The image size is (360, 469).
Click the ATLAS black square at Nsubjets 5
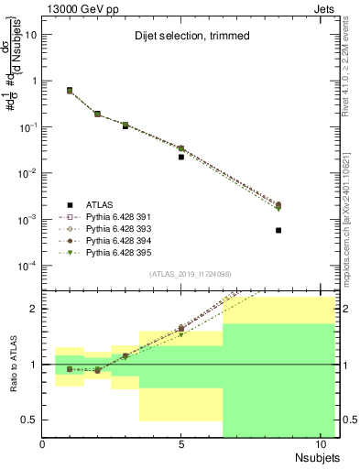(181, 157)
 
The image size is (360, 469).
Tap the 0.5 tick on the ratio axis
(32, 420)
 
